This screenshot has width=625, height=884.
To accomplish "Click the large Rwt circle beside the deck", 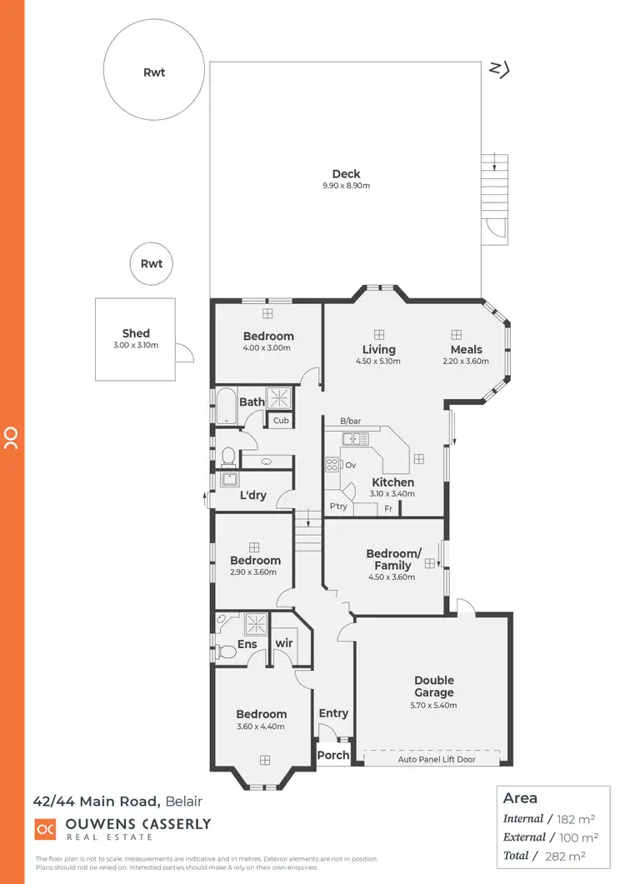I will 154,72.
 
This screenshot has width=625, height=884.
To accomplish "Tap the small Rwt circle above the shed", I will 152,264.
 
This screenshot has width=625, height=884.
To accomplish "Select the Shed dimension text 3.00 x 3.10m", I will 135,345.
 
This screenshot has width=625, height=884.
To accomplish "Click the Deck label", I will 346,174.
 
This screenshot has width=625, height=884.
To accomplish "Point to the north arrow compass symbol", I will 498,69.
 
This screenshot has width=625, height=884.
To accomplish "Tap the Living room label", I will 378,350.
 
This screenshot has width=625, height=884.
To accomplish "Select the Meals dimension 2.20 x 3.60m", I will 466,362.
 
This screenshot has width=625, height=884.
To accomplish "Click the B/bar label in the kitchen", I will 350,422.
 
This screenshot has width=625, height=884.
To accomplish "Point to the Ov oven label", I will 350,465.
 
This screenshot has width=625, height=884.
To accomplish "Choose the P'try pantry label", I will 338,507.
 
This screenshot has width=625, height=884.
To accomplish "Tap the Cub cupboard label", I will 281,421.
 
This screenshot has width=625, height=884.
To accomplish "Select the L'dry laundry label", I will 252,496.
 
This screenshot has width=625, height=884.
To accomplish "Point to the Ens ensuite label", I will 247,644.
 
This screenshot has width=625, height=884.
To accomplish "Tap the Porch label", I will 333,756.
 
